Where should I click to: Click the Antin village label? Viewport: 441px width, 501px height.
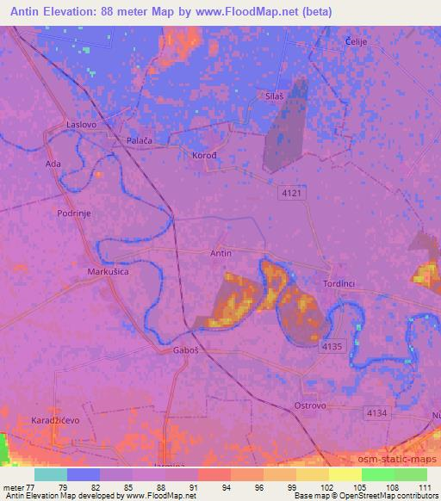click(221, 253)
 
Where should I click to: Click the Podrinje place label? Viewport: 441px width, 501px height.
click(74, 212)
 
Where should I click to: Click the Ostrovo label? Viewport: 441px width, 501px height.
click(309, 405)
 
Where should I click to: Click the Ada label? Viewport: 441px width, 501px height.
click(52, 163)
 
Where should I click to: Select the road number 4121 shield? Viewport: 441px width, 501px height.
click(292, 195)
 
